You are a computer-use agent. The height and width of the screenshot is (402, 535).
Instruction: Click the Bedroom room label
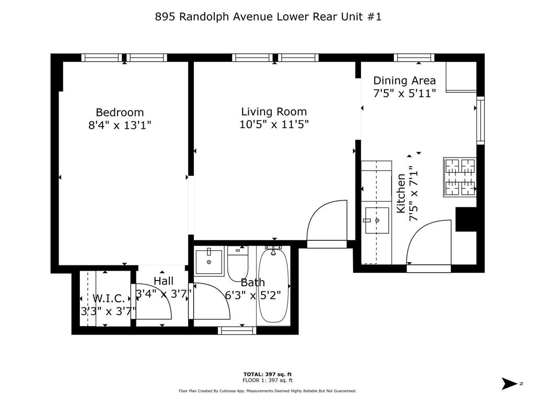pos(120,112)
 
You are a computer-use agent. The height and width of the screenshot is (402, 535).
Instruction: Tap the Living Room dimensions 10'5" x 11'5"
pos(274,125)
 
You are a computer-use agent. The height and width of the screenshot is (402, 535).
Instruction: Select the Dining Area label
pos(404,80)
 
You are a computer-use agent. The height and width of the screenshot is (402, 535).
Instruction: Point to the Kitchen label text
pos(401,194)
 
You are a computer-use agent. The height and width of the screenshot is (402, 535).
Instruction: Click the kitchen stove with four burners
pos(460,177)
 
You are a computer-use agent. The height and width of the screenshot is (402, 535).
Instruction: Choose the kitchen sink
pos(377,220)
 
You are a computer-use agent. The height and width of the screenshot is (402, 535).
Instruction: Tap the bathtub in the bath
pos(272,286)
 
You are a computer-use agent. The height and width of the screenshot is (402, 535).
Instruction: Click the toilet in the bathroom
pos(238,263)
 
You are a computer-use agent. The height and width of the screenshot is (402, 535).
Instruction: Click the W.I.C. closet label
pos(109,298)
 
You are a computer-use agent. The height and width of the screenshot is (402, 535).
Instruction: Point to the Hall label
pos(164,282)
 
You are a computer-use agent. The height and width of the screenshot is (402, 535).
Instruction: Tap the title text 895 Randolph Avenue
pos(268,17)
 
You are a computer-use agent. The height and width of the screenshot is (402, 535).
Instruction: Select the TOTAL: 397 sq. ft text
pos(267,374)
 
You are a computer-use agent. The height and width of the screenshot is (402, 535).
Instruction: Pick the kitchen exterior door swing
pos(427,243)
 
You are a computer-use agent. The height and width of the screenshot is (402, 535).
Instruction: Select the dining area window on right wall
pos(480,121)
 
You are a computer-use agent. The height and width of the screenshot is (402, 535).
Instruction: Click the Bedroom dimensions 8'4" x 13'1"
pos(120,125)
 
